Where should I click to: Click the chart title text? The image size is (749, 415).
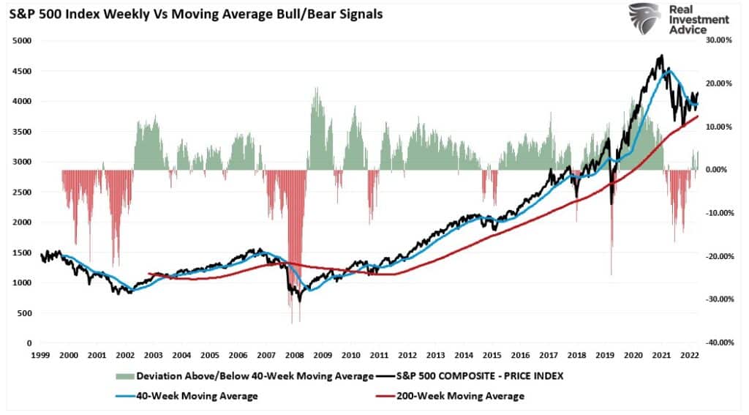coord(196,14)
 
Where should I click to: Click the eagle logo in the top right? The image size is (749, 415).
coord(644,18)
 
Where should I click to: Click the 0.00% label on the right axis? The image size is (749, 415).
coord(718,170)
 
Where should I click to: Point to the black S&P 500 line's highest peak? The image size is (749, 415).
coord(661,56)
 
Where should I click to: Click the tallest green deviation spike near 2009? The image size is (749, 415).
coord(316,89)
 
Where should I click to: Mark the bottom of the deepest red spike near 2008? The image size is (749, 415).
coord(292,323)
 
